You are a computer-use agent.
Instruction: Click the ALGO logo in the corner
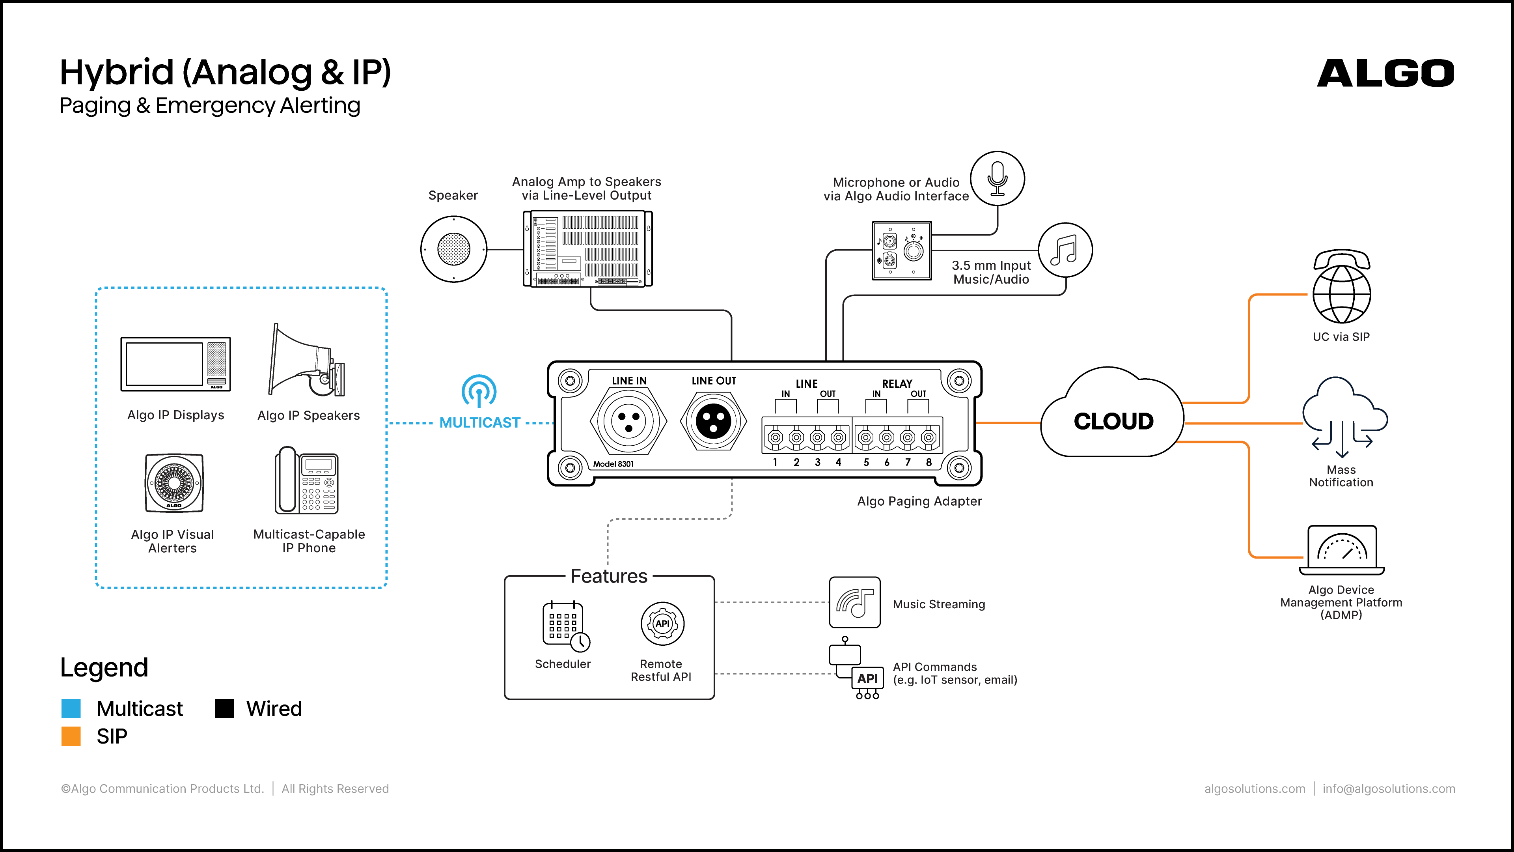[1385, 73]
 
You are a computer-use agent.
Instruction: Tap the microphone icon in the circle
[998, 179]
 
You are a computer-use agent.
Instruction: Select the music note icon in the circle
[1065, 250]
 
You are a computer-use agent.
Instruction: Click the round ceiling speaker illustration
[454, 249]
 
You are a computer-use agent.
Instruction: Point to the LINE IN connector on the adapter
[628, 420]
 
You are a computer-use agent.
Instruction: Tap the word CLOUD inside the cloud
[1113, 421]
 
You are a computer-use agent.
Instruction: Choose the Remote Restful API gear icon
[662, 623]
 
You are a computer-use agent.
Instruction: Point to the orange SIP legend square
[71, 736]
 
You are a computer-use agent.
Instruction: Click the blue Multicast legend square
[71, 708]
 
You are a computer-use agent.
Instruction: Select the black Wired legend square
[224, 708]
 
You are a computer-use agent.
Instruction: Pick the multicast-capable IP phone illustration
[307, 480]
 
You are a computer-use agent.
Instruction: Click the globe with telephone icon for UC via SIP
[1342, 286]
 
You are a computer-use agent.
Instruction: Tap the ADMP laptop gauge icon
[1342, 550]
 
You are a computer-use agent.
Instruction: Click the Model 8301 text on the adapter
[613, 464]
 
